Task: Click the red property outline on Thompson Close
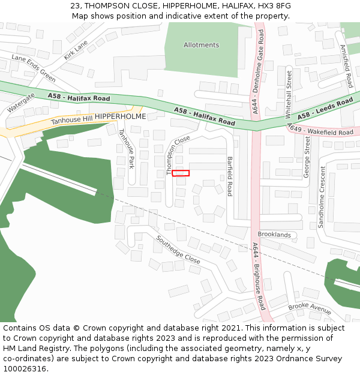click(x=181, y=173)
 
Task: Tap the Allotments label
click(x=202, y=45)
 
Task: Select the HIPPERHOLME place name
click(x=120, y=116)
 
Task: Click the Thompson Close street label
click(x=178, y=154)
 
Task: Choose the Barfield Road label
click(x=229, y=176)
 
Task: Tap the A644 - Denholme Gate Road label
click(x=259, y=73)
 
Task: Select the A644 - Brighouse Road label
click(x=259, y=275)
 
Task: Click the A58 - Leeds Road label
click(x=325, y=109)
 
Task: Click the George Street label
click(x=307, y=157)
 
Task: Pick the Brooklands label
click(x=274, y=235)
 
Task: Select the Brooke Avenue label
click(x=310, y=308)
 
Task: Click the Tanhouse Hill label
click(x=72, y=121)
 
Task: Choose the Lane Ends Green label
click(x=34, y=68)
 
